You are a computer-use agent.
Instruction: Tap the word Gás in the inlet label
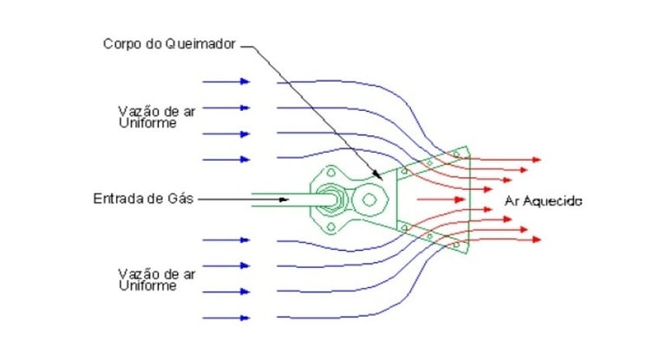[180, 199]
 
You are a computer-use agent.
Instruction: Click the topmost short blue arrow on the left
[225, 82]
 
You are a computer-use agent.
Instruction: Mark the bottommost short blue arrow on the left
[225, 317]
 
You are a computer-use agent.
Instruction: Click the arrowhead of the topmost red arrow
[538, 160]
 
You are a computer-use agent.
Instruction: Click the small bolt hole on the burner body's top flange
[331, 171]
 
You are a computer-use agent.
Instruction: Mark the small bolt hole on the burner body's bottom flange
[331, 228]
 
